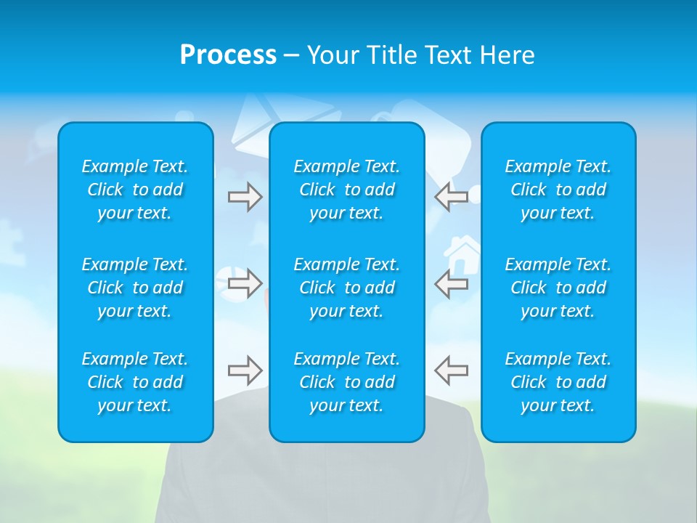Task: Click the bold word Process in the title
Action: [x=228, y=55]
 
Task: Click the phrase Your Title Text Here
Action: [x=420, y=55]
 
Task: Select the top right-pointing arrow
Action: [x=245, y=197]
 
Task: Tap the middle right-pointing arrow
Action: [x=245, y=283]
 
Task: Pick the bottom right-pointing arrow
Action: [x=245, y=370]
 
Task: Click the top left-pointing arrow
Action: [x=451, y=197]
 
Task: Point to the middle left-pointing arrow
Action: [x=451, y=283]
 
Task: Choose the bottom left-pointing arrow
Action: [x=451, y=370]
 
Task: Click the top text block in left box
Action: [x=135, y=190]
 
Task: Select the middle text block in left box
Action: [x=135, y=288]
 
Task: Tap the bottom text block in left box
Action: [x=135, y=382]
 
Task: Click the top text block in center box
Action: [x=347, y=190]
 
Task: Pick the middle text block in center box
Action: [x=347, y=288]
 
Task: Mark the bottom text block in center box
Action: [x=347, y=382]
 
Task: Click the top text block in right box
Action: [x=558, y=190]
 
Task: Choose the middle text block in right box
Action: [x=558, y=288]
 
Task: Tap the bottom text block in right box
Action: [x=558, y=382]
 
